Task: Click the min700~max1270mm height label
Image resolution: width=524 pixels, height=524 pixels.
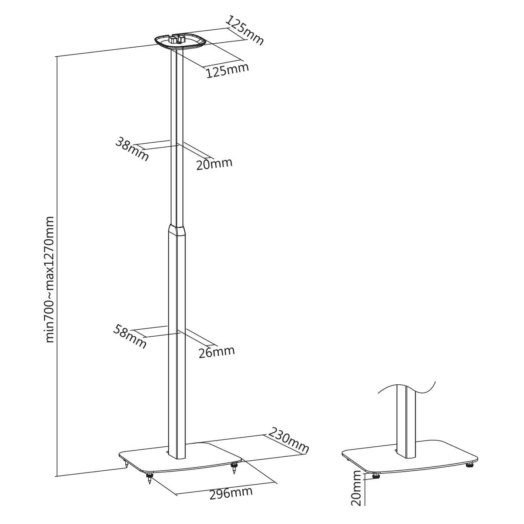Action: pos(50,280)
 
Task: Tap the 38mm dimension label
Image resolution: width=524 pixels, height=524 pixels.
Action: pos(132,149)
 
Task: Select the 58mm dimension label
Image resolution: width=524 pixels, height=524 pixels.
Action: pos(130,336)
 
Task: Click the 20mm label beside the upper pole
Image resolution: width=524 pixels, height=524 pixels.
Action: pos(214,163)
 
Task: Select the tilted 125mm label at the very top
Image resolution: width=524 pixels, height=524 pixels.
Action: pos(245,31)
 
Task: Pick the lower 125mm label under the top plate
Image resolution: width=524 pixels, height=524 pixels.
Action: pos(228,70)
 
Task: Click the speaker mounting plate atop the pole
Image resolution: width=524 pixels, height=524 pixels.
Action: pos(180,41)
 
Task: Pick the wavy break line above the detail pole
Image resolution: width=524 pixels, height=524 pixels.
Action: pos(407,393)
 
